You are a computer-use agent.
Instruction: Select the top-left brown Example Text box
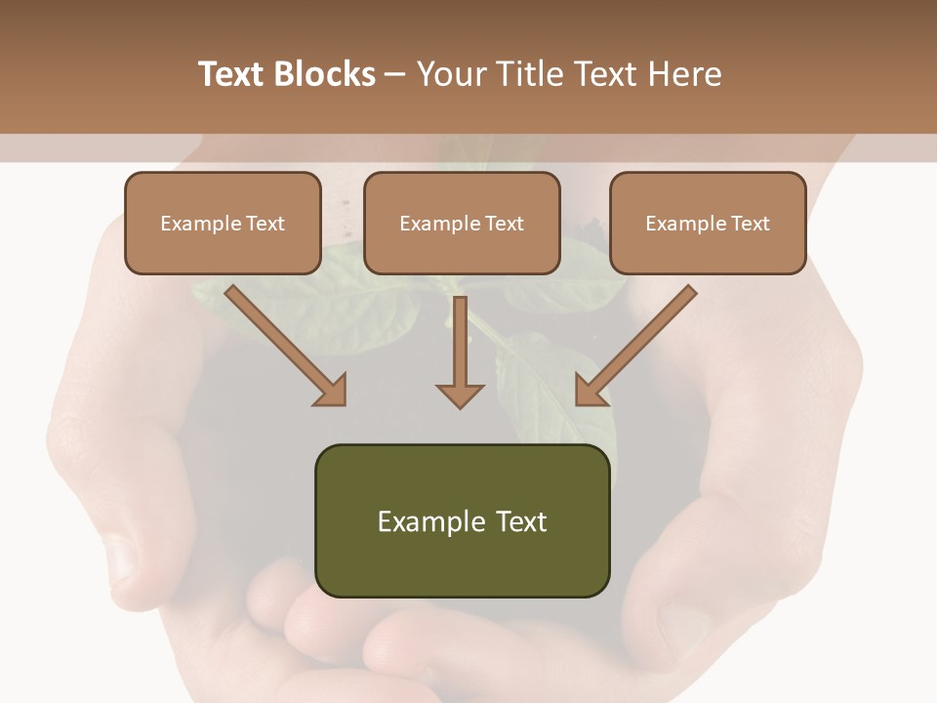point(223,223)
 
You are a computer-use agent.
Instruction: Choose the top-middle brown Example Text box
point(462,223)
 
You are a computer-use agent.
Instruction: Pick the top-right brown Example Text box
point(708,223)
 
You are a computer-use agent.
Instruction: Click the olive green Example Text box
point(462,520)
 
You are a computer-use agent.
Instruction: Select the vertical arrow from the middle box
point(460,347)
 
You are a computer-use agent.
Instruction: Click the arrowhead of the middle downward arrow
point(460,394)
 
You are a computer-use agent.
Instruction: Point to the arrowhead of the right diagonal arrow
point(591,390)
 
